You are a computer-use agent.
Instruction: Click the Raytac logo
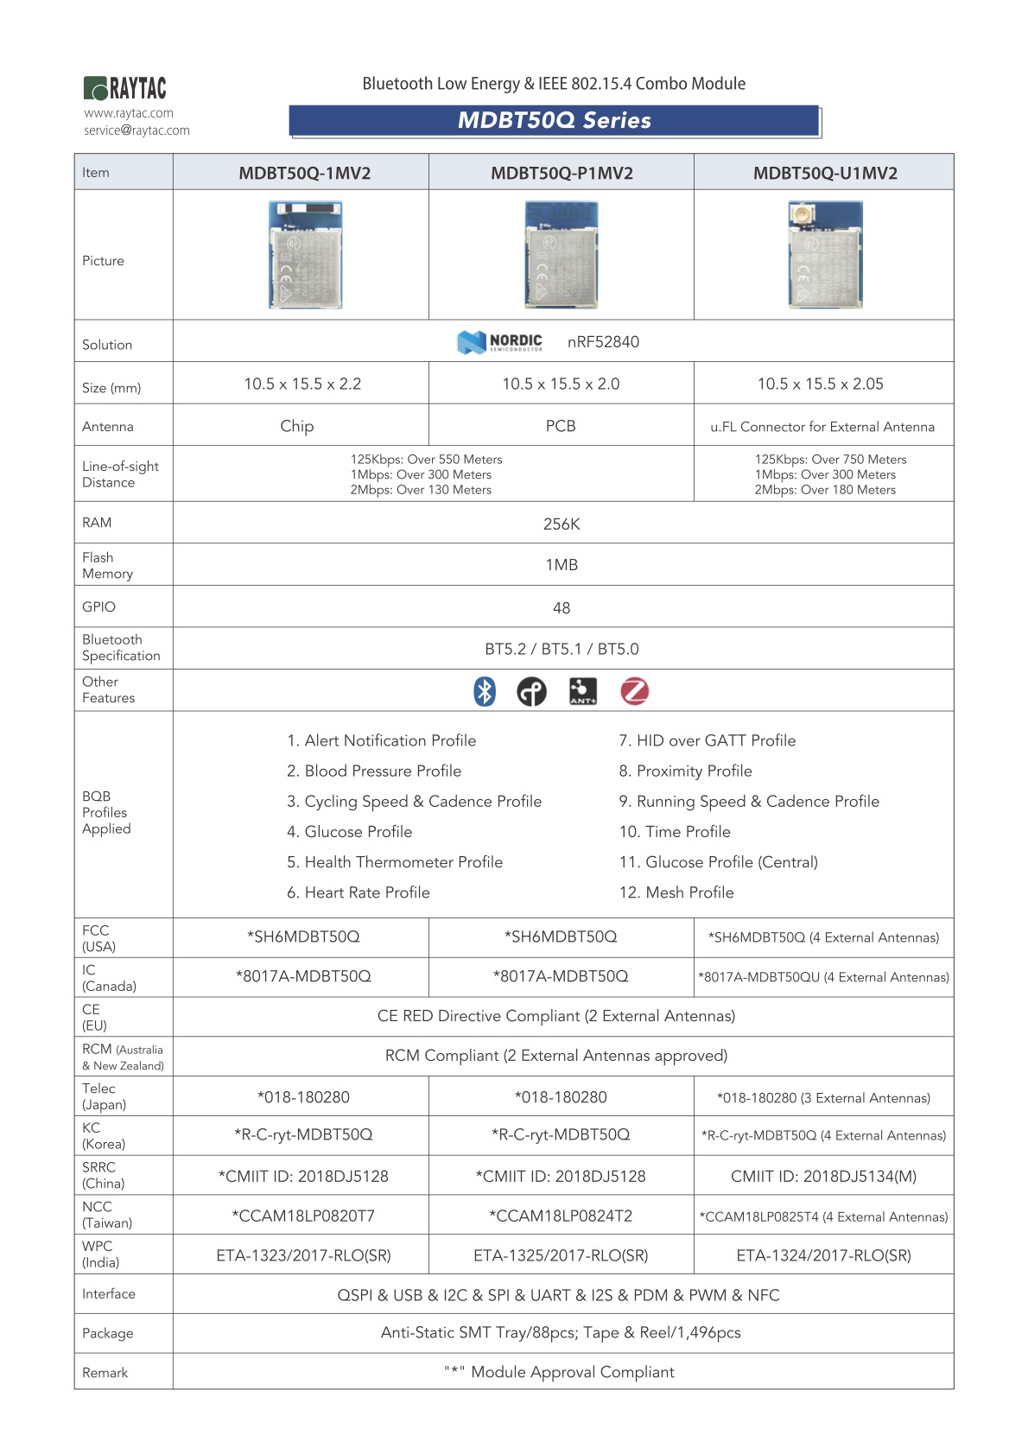coord(125,88)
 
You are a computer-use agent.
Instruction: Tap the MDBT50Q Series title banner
coord(554,121)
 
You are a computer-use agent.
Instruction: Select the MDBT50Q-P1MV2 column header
coord(562,173)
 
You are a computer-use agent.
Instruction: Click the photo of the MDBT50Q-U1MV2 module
coord(825,255)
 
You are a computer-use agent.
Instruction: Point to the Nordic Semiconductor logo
coord(500,342)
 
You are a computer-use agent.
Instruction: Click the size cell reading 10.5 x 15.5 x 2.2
coord(302,384)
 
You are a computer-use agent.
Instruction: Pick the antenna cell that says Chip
coord(297,426)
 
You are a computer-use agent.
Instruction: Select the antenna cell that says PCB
coord(561,426)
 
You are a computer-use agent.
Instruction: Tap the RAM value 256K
coord(562,524)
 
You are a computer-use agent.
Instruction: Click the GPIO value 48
coord(562,608)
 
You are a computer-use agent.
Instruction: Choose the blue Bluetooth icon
coord(485,691)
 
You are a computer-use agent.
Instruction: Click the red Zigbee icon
coord(635,691)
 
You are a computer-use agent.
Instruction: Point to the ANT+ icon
coord(583,691)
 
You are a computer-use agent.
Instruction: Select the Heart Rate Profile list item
coord(359,892)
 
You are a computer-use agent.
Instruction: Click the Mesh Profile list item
coord(676,892)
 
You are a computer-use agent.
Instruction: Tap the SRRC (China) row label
coord(103,1175)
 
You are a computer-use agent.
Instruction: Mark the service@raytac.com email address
coord(136,130)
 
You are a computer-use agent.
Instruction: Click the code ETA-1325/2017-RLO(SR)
coord(561,1255)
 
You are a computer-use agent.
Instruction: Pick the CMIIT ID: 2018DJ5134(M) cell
coord(823,1177)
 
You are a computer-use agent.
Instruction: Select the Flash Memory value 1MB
coord(562,565)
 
